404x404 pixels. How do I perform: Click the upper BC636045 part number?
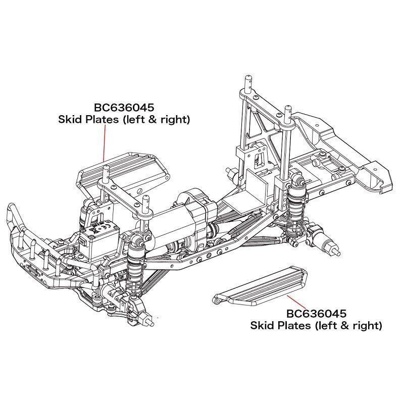[124, 108]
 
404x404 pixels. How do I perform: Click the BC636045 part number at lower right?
[316, 314]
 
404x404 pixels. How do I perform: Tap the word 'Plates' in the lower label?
[294, 326]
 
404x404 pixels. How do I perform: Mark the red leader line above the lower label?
[295, 301]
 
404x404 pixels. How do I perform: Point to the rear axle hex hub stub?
[334, 248]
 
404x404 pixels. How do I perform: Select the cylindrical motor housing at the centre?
[189, 210]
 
